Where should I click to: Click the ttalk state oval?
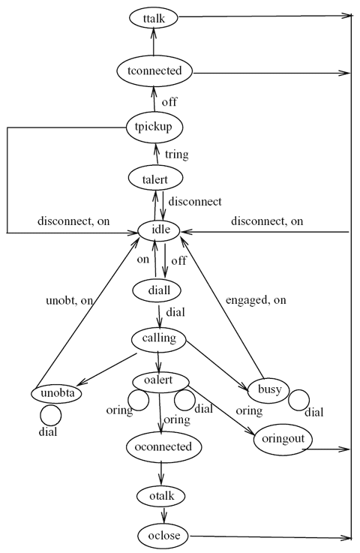(154, 18)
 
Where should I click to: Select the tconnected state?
(154, 71)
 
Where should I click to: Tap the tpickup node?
(154, 127)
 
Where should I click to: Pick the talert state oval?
(155, 179)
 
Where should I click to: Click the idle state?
(159, 230)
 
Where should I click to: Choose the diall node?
(157, 290)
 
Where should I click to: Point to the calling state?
(159, 338)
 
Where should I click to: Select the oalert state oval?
(160, 381)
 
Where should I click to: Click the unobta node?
(56, 394)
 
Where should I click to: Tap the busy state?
(268, 389)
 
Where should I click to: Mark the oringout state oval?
(283, 440)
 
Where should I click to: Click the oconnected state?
(164, 447)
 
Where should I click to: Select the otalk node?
(161, 496)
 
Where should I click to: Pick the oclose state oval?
(163, 536)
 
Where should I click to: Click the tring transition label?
(177, 154)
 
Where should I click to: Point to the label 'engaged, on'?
(256, 300)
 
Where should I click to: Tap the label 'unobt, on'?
(70, 301)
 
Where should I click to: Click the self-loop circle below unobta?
(50, 415)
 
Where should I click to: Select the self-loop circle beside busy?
(299, 400)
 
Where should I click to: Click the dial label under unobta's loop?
(48, 431)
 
